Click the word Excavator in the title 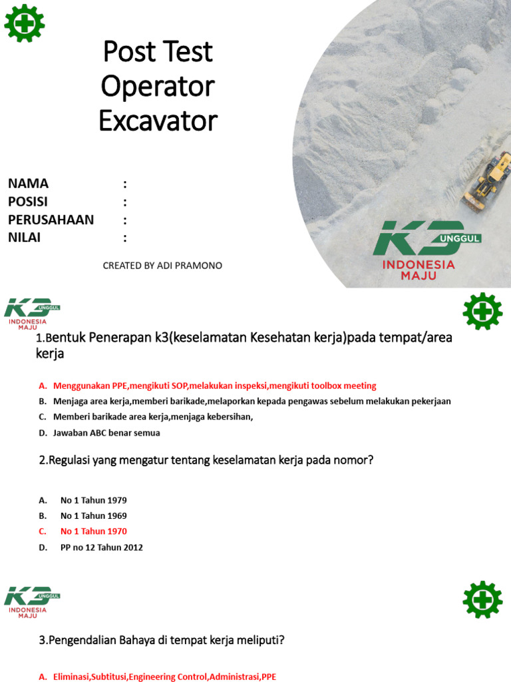tap(158, 121)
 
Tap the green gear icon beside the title tap(25, 23)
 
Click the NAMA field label tap(29, 184)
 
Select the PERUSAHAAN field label tap(51, 220)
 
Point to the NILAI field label tap(25, 238)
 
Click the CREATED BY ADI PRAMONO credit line tap(162, 266)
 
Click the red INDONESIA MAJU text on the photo tap(419, 270)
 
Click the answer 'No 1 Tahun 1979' tap(93, 500)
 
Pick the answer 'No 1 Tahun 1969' tap(93, 515)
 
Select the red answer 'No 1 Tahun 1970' tap(93, 531)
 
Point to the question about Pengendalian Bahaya tap(162, 641)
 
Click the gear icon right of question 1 tap(482, 311)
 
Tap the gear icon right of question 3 tap(482, 599)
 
